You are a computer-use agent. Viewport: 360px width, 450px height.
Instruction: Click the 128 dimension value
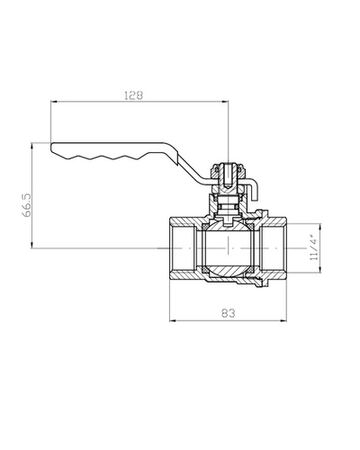(134, 95)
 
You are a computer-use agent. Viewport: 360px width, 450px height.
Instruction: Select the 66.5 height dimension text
(26, 205)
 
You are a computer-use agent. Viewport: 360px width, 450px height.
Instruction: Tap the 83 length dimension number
(229, 313)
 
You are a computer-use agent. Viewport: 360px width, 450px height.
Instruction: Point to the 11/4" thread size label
(314, 249)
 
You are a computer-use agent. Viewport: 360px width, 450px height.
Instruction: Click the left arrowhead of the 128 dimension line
(53, 102)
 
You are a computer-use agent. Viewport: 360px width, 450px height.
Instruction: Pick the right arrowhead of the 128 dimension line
(225, 102)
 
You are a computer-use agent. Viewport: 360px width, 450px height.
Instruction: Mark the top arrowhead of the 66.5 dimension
(31, 146)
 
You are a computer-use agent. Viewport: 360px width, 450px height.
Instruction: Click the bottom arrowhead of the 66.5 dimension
(31, 245)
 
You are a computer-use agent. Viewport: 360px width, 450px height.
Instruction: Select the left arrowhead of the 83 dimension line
(173, 321)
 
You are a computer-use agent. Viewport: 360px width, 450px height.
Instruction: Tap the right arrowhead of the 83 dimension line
(283, 321)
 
